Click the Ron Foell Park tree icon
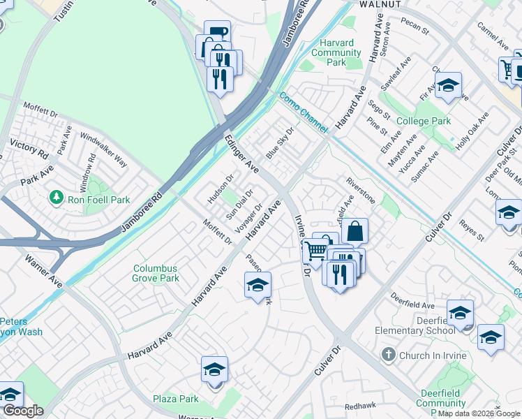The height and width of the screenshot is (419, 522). point(56,199)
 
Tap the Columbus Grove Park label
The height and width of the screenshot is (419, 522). point(156,273)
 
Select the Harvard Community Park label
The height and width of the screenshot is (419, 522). point(336,52)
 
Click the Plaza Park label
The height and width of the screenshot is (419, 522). point(176,399)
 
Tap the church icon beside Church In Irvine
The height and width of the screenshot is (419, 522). point(389,355)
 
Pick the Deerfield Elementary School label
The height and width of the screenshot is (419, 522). point(415,325)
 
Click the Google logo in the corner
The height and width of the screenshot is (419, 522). point(22,411)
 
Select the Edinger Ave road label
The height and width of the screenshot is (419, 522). point(241,154)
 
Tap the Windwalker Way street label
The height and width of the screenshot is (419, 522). point(103,149)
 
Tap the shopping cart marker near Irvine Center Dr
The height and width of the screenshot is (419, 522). point(315,250)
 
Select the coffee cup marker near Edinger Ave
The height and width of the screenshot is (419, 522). point(217,33)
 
